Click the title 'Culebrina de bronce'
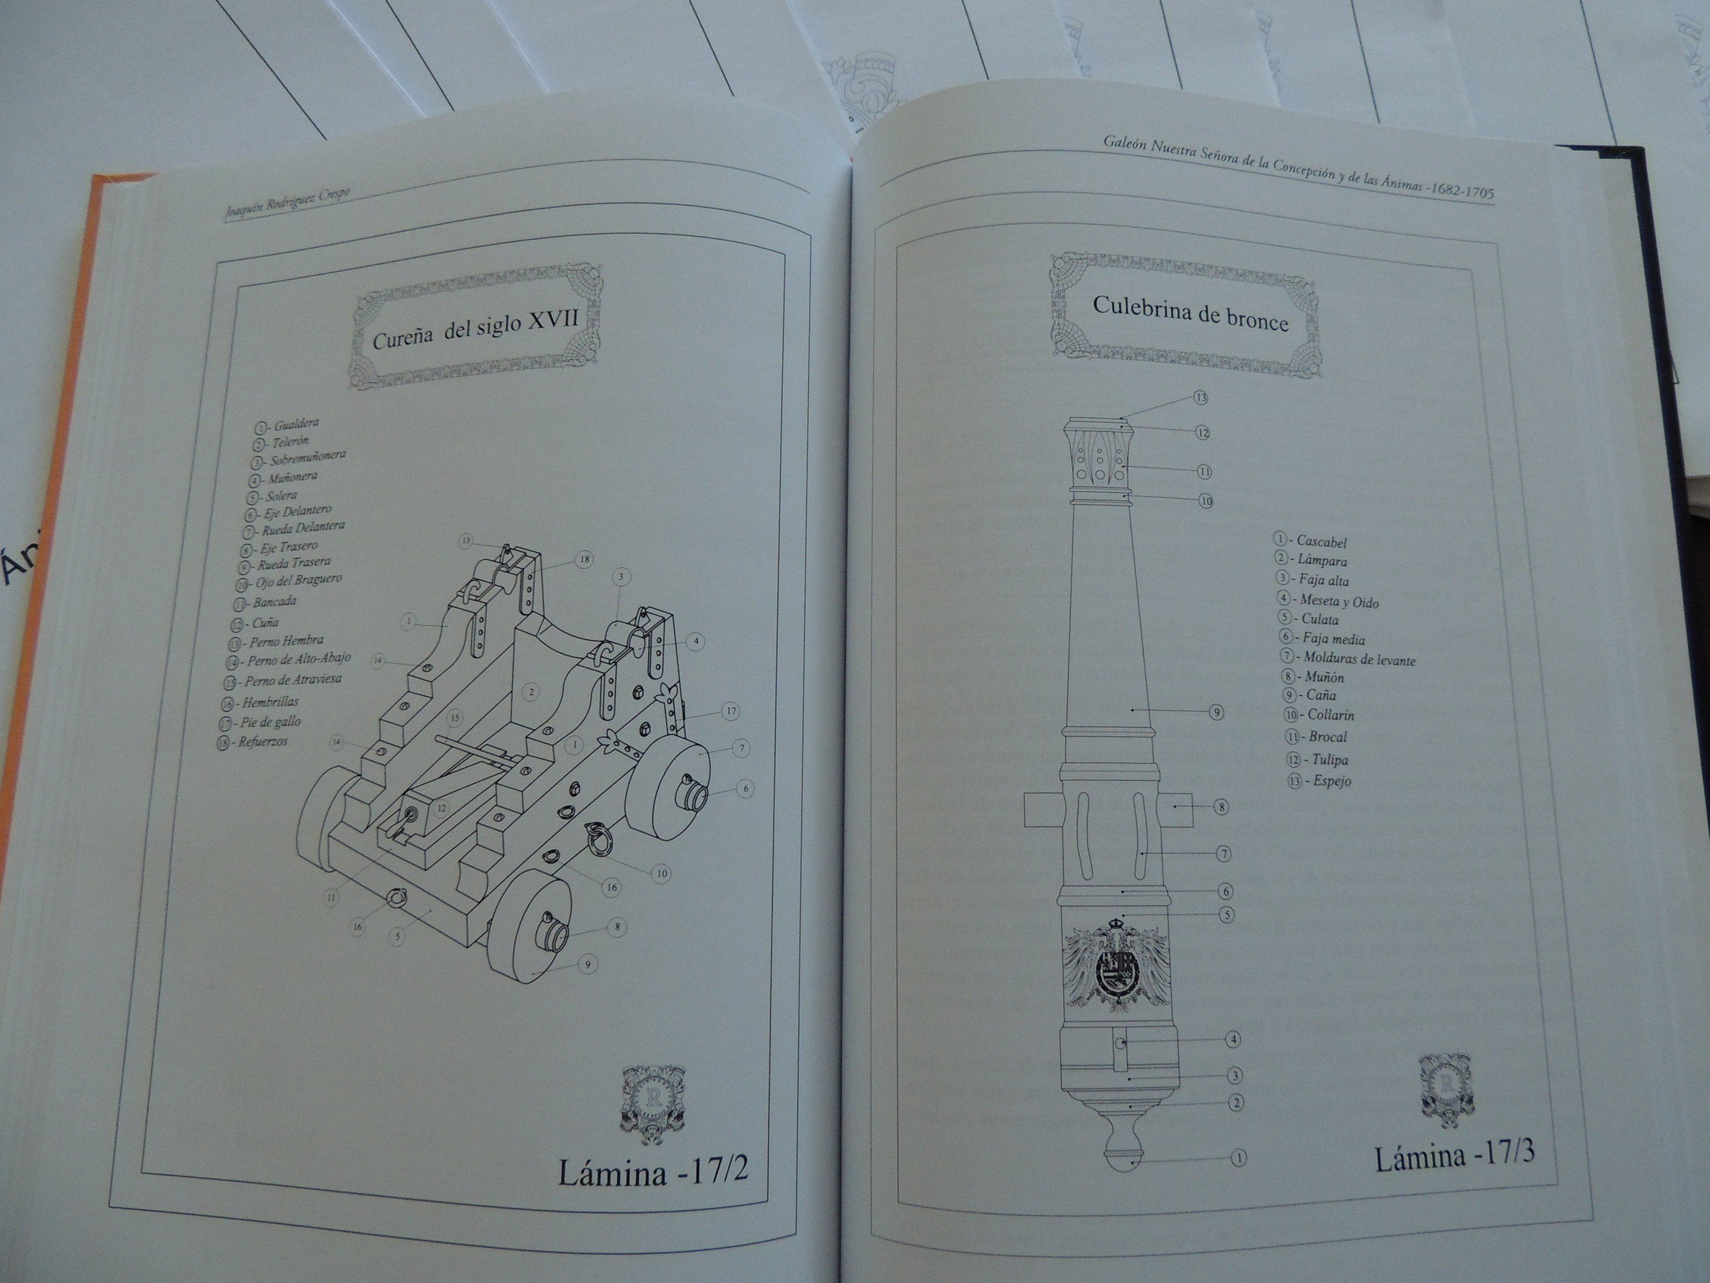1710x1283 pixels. pos(1190,313)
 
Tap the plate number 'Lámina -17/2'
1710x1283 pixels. pos(652,1174)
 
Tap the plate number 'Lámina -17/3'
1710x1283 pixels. pos(1454,1158)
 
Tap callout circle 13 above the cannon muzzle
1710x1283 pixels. pos(1201,397)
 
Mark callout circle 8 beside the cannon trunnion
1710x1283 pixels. pos(1221,807)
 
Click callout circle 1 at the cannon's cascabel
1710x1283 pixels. pos(1238,1179)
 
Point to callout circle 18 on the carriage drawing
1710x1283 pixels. pos(584,559)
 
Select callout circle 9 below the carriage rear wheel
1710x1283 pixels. pos(588,964)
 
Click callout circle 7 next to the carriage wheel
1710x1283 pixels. pos(741,748)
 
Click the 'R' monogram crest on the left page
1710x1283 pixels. pos(644,1104)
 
